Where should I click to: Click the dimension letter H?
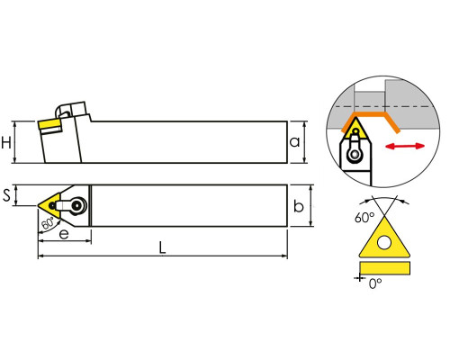coord(6,142)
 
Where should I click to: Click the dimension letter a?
coord(294,141)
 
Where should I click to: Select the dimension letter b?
coord(299,206)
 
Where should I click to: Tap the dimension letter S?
coord(6,195)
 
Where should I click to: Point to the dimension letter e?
coord(64,234)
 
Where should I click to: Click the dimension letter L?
coord(162,247)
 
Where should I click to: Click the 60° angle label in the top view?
coord(48,223)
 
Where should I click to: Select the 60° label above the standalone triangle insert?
coord(364,217)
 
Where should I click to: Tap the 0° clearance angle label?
coord(375,283)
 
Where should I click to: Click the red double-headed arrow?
coord(405,146)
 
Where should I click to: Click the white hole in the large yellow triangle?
coord(384,242)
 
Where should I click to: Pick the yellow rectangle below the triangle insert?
coord(384,268)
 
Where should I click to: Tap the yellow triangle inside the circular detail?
coord(356,129)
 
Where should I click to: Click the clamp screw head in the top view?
coord(78,205)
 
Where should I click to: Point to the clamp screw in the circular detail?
coord(355,155)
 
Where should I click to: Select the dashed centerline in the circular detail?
coord(383,106)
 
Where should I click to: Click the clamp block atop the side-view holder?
coord(73,111)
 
